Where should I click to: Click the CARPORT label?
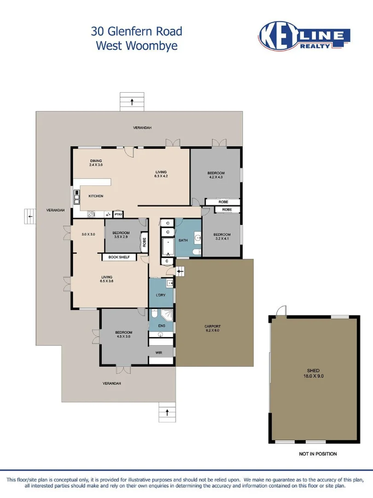pos(213,329)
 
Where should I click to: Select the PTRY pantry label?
pos(118,214)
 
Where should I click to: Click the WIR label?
pos(159,353)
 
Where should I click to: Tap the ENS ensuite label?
pos(162,326)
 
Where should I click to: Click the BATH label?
pos(183,240)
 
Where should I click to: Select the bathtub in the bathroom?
pos(168,247)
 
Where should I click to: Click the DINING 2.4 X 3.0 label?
pos(96,163)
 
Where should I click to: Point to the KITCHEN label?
pos(96,196)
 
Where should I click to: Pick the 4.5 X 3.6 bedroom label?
pos(123,336)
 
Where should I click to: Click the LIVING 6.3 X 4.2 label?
pos(161,174)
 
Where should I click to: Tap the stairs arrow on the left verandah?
pos(30,216)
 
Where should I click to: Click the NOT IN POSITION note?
pos(318,454)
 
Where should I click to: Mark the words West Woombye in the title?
pos(137,46)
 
